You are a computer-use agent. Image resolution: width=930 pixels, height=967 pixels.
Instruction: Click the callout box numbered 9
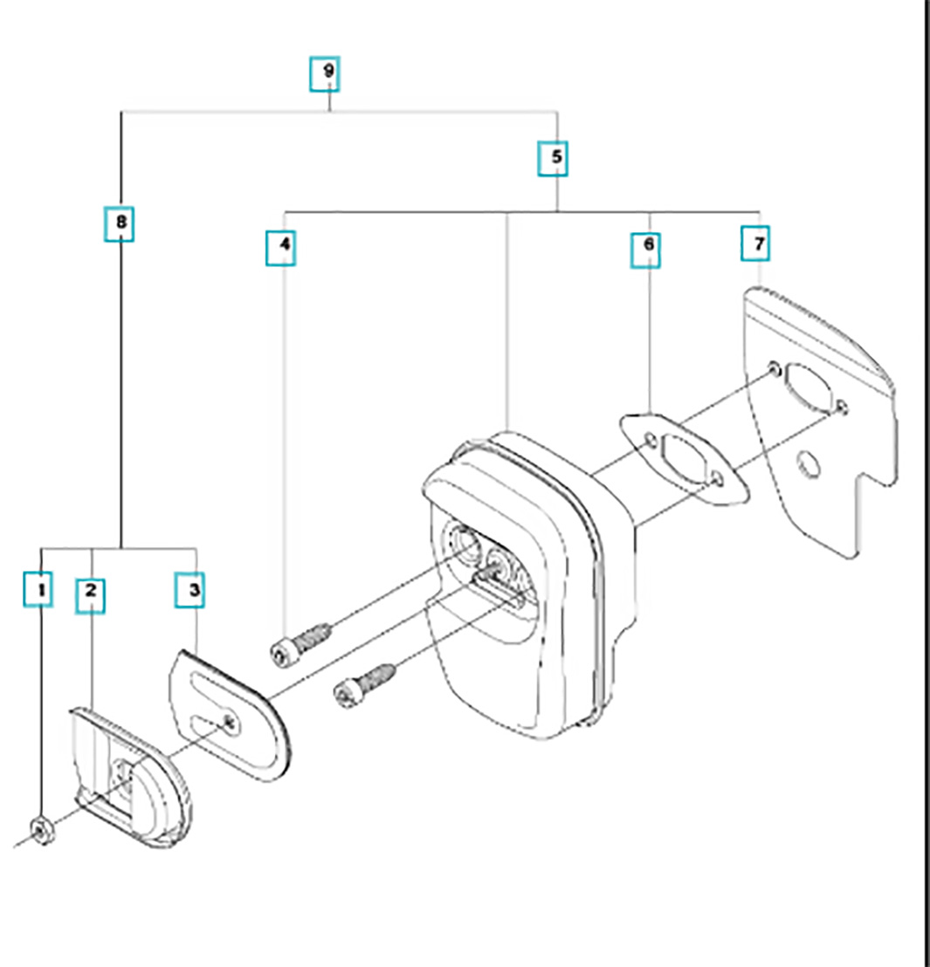click(327, 73)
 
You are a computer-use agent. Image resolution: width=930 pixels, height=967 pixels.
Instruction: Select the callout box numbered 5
click(556, 159)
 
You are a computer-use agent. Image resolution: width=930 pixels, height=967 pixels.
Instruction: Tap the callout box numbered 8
click(121, 223)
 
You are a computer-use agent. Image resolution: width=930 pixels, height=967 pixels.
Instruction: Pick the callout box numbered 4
click(283, 246)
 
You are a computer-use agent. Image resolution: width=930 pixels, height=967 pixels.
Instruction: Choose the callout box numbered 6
click(647, 247)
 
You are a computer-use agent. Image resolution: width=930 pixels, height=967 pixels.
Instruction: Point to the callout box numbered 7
click(757, 243)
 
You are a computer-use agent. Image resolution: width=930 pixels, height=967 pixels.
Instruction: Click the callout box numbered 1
click(40, 590)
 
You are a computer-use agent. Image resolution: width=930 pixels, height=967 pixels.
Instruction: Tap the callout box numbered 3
click(193, 591)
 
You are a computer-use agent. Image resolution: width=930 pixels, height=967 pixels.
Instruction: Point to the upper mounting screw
click(300, 644)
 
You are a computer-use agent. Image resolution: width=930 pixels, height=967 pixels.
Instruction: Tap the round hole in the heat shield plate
click(809, 462)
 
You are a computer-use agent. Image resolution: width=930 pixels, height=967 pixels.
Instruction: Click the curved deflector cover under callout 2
click(131, 778)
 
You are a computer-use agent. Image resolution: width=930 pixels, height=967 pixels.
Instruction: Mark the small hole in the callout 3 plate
click(230, 720)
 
